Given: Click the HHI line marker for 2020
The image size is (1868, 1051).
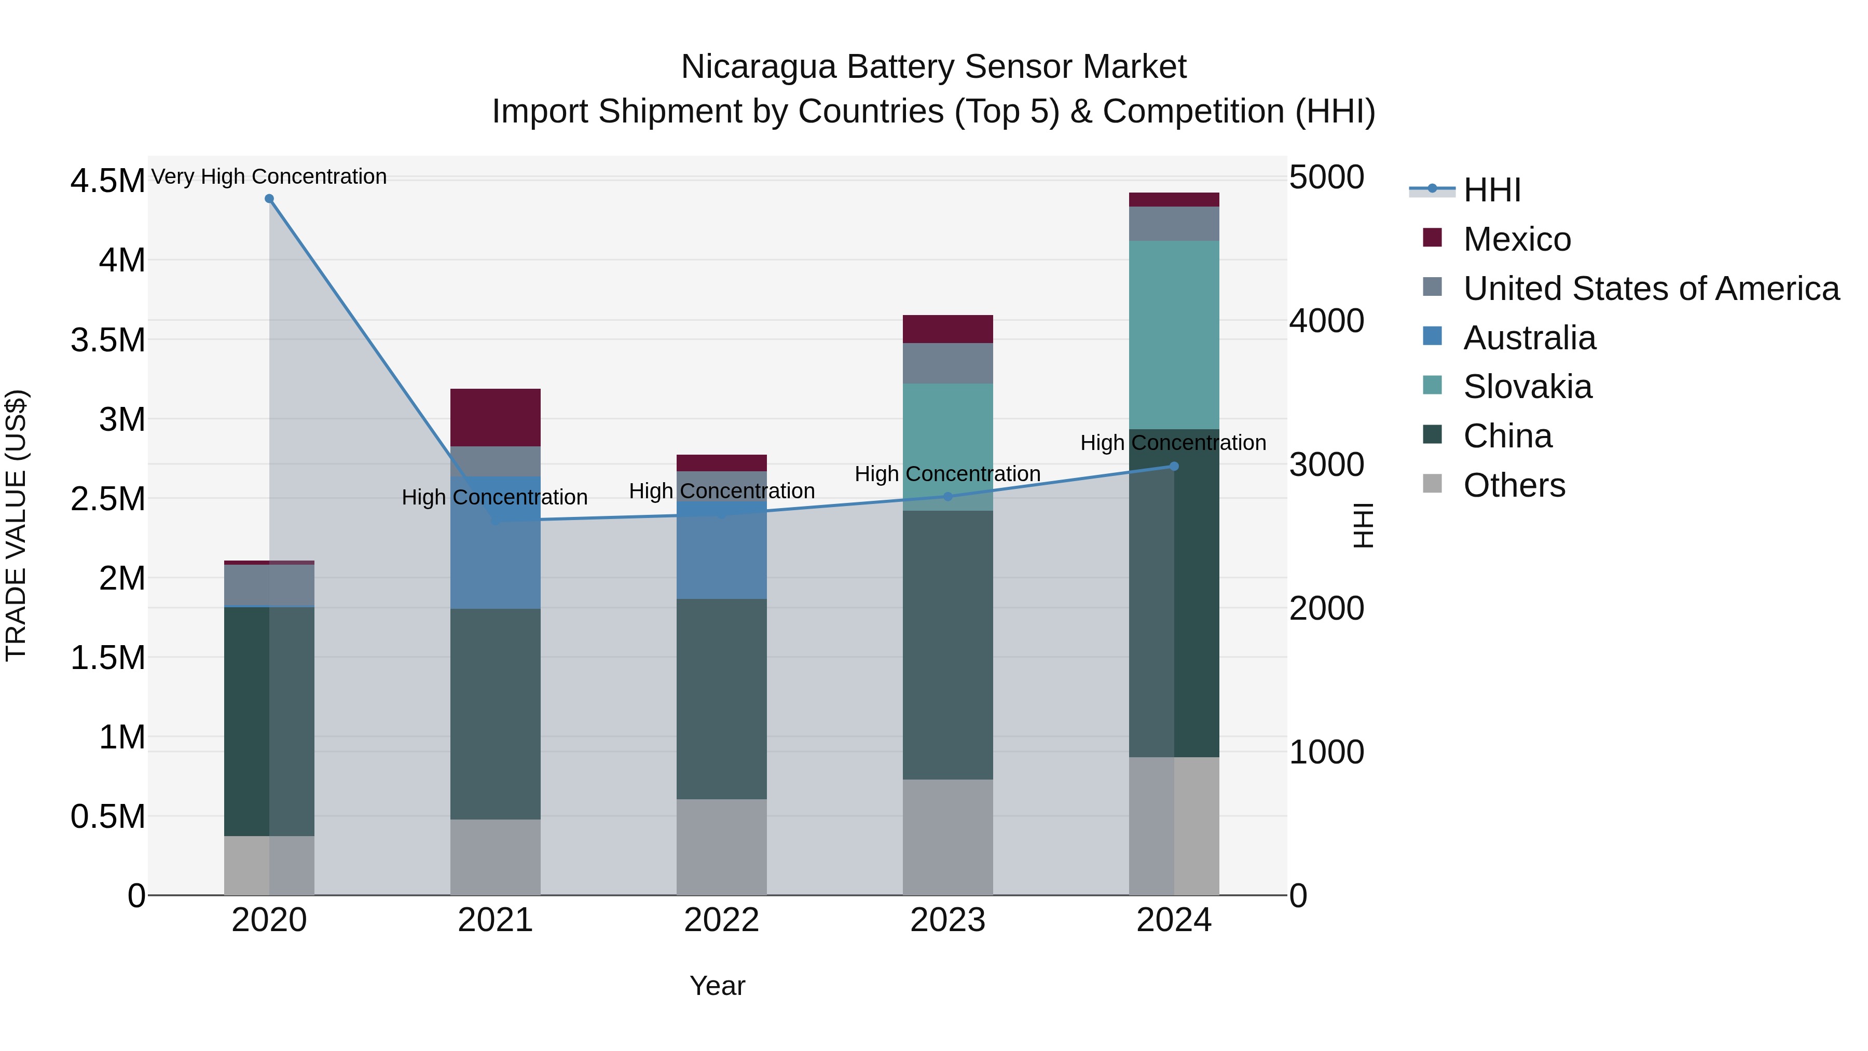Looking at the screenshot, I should pyautogui.click(x=269, y=199).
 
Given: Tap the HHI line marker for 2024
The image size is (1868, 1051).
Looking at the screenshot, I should pyautogui.click(x=1174, y=467).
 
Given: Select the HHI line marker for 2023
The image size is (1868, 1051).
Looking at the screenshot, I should pyautogui.click(x=948, y=497).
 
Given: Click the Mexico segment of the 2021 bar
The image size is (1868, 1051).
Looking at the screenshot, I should pyautogui.click(x=496, y=417).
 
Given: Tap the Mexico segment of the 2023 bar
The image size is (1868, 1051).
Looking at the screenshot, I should pyautogui.click(x=948, y=329).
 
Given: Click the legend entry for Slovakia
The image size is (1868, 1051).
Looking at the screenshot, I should pyautogui.click(x=1527, y=387).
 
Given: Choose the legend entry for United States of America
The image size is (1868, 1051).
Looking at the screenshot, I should pyautogui.click(x=1651, y=289).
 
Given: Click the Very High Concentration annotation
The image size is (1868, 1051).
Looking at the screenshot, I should pyautogui.click(x=269, y=176).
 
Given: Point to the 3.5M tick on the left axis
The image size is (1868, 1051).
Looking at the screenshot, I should pyautogui.click(x=107, y=340).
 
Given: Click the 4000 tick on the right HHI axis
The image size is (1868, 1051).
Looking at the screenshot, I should pyautogui.click(x=1326, y=321).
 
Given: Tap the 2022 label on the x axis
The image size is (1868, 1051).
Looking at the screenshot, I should pyautogui.click(x=722, y=920).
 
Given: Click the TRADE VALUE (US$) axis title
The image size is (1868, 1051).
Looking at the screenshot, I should pyautogui.click(x=16, y=525).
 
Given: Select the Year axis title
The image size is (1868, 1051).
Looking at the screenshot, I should pyautogui.click(x=717, y=986).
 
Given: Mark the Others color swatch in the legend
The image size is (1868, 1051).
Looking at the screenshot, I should pyautogui.click(x=1432, y=484).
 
